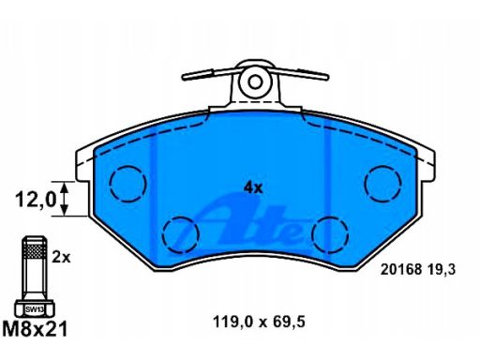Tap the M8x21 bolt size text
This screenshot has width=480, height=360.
[35, 329]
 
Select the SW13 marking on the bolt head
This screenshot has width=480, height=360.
[35, 309]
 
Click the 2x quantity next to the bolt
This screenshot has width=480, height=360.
[61, 258]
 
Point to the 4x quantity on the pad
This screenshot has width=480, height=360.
[253, 187]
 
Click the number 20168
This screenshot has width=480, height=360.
[401, 269]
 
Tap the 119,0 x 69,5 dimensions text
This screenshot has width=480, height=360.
[259, 322]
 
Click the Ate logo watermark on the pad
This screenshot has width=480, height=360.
[250, 224]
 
